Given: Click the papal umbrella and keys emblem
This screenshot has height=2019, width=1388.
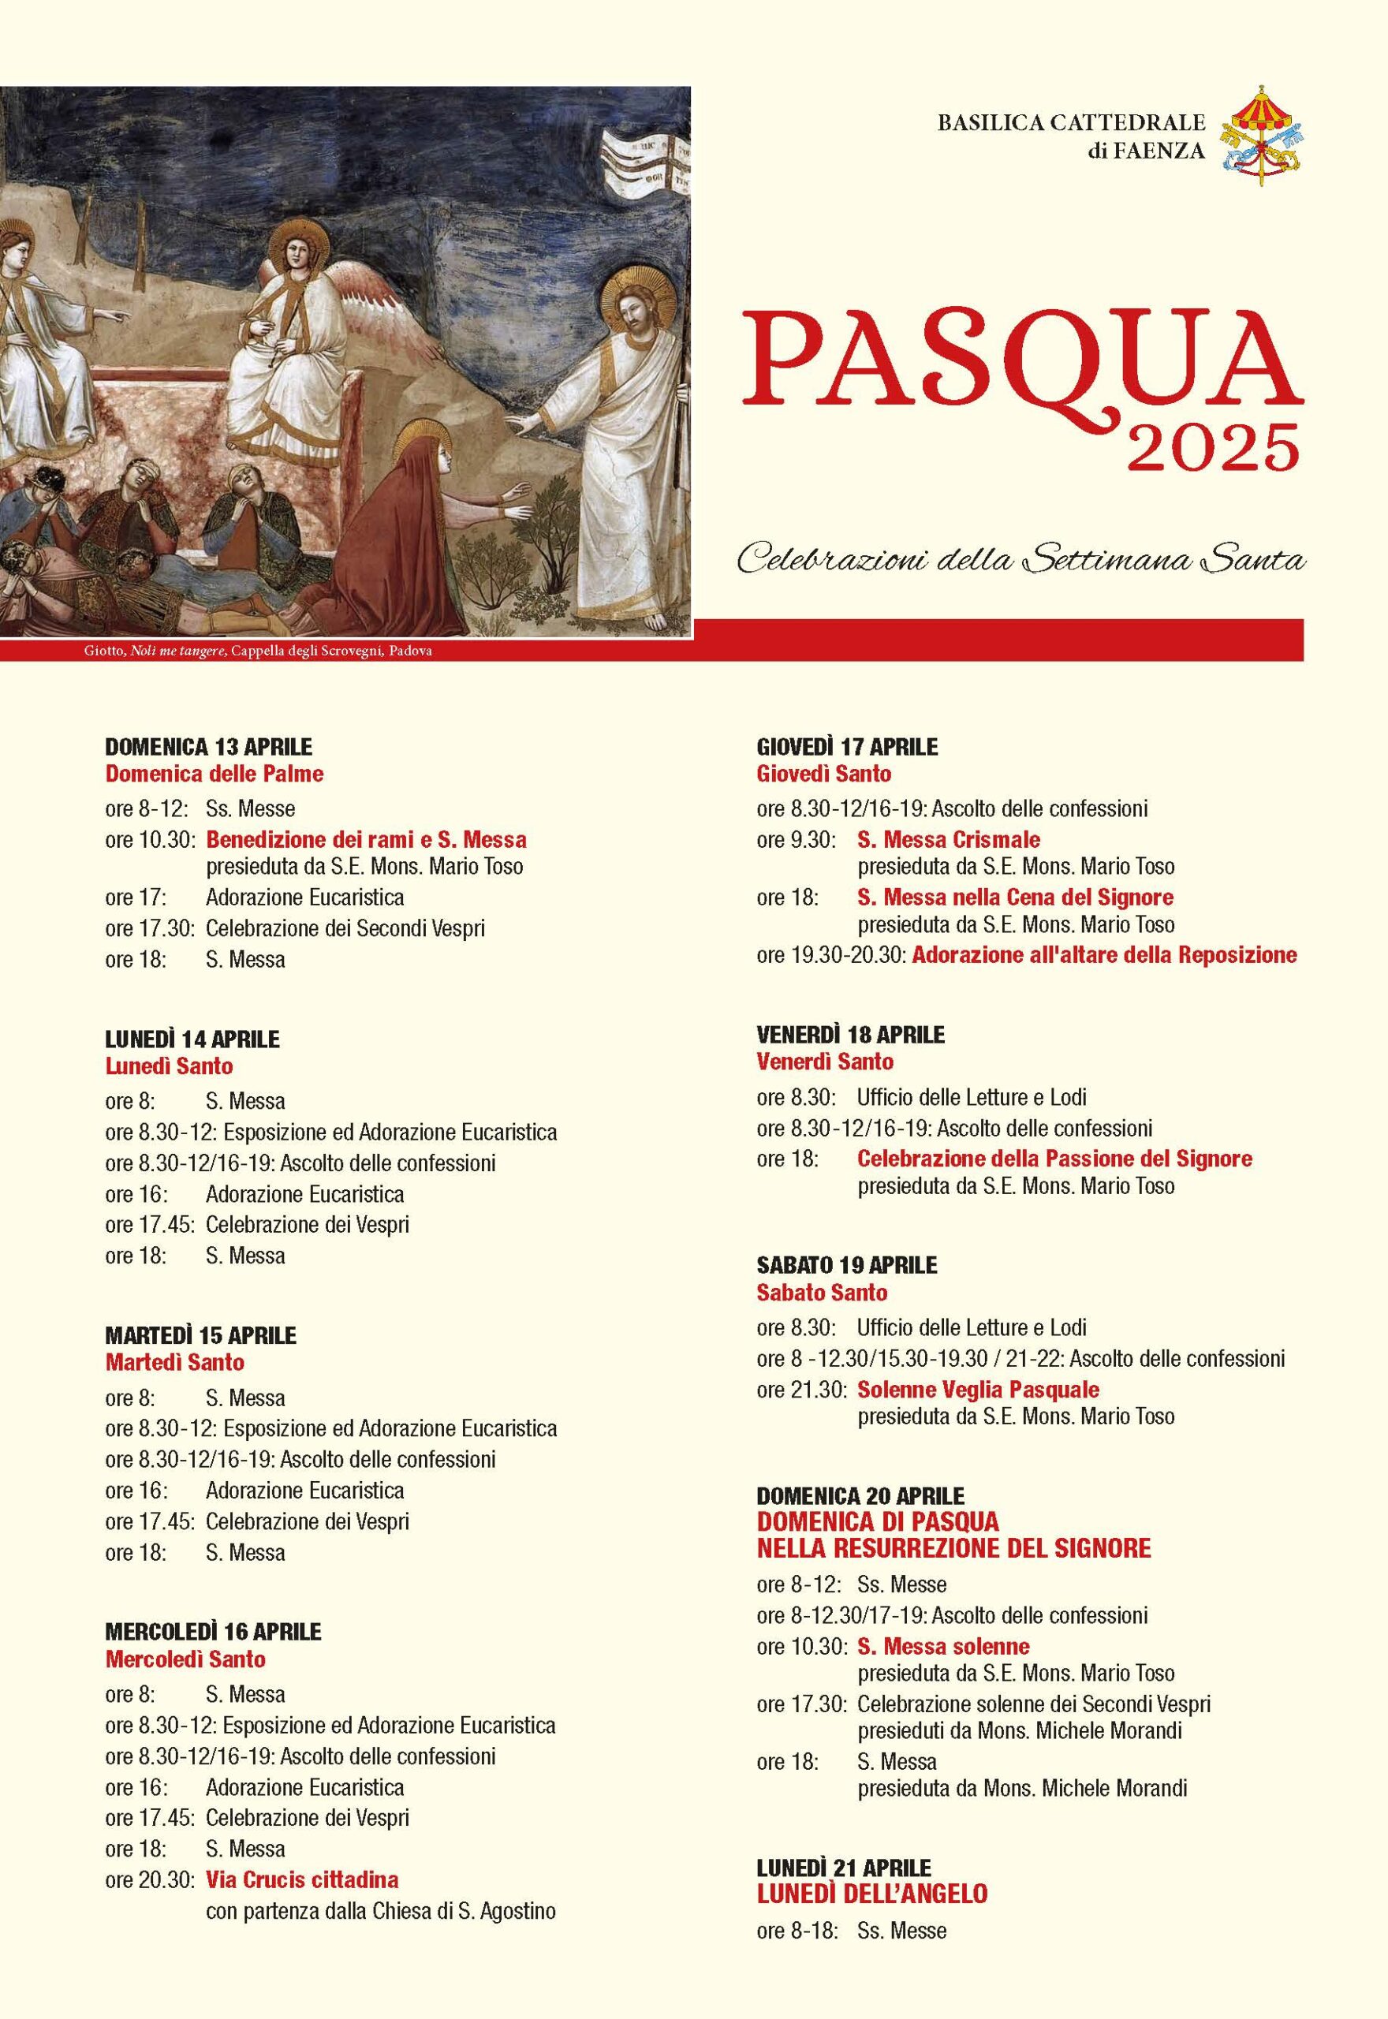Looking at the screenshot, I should tap(1262, 136).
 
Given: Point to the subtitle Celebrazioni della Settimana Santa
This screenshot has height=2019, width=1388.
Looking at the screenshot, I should tap(1021, 560).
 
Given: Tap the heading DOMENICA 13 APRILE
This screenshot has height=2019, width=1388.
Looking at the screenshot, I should tap(208, 746).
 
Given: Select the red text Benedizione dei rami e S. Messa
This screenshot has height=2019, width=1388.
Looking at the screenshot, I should tap(365, 839).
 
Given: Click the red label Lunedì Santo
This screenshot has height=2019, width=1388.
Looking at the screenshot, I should tap(169, 1065).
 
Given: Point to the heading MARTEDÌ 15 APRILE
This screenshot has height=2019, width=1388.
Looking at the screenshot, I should tap(200, 1334).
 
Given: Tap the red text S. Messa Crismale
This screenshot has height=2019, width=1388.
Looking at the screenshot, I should tap(948, 839).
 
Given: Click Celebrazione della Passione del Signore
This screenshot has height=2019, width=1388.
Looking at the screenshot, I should tap(1054, 1159).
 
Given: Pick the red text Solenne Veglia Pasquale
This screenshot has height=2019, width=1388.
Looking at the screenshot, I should tap(979, 1390).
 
